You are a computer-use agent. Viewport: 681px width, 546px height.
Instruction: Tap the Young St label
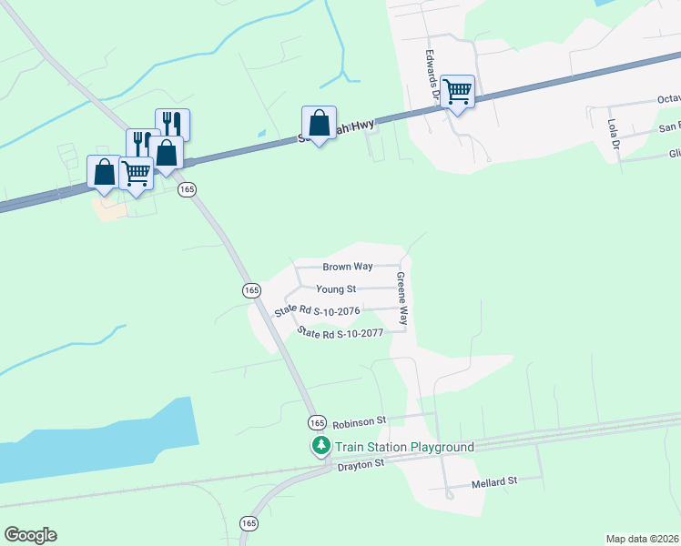[x=335, y=289]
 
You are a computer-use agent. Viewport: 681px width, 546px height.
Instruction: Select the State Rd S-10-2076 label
[x=318, y=311]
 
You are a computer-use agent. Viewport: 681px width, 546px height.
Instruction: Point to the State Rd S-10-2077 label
[x=340, y=333]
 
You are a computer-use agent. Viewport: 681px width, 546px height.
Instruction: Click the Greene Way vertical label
[x=401, y=299]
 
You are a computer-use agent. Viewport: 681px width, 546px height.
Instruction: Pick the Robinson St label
[x=360, y=422]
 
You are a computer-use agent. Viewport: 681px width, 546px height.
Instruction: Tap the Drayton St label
[x=361, y=463]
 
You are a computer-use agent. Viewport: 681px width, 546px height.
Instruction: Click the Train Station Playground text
[x=404, y=447]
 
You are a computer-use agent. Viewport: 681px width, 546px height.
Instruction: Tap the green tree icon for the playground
[x=320, y=446]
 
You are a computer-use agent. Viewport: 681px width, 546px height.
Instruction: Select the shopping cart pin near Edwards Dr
[x=457, y=91]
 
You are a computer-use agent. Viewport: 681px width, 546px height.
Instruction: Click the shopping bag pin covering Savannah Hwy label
[x=319, y=124]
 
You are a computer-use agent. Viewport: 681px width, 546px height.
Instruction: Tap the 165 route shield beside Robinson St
[x=316, y=423]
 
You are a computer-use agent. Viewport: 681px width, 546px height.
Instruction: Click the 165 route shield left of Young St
[x=252, y=289]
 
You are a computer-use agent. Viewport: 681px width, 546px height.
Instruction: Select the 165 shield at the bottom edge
[x=249, y=523]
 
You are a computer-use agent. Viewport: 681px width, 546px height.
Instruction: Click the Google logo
[x=30, y=535]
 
